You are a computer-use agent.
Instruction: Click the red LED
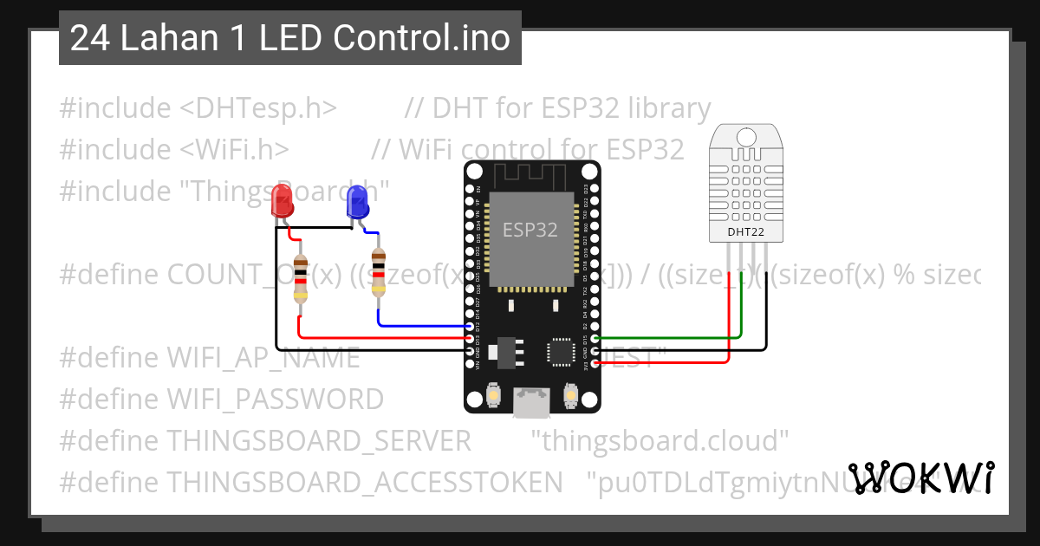coord(282,201)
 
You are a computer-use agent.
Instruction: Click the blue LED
coord(356,203)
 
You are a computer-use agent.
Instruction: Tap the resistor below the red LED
coord(300,277)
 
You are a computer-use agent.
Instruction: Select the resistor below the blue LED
coord(378,271)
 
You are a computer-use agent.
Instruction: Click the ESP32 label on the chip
coord(530,230)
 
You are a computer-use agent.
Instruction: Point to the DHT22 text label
coord(745,231)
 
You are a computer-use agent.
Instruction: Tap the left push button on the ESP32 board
coord(492,394)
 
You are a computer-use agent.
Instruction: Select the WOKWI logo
coord(920,478)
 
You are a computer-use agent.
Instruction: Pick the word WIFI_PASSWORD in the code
coord(275,400)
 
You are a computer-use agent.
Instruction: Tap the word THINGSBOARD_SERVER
coord(318,441)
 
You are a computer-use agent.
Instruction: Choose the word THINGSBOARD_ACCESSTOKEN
coord(364,482)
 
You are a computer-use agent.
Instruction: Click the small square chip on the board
coord(559,351)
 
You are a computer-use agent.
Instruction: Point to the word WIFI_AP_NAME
coord(263,358)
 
